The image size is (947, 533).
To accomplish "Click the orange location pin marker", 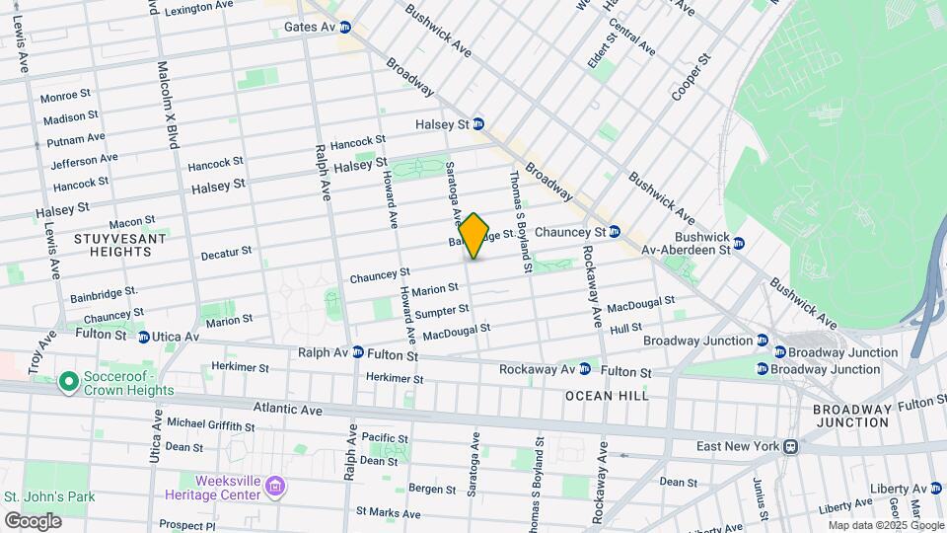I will [x=474, y=236].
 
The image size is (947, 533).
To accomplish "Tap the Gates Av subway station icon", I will [x=345, y=27].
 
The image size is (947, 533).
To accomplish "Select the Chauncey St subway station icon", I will [x=614, y=232].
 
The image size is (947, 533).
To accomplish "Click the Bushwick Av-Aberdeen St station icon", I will [x=738, y=243].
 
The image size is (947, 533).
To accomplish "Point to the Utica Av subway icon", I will [x=144, y=337].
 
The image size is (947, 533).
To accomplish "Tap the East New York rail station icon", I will [x=790, y=446].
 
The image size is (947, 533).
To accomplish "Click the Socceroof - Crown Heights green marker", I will [x=68, y=381].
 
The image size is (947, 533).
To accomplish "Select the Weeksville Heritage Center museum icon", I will [x=275, y=486].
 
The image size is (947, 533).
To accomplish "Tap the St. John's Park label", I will [x=49, y=496].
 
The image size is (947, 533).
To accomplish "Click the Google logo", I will [x=32, y=520].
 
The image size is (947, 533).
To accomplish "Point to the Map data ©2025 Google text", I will [x=885, y=525].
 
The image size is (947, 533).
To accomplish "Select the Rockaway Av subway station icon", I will [x=585, y=369].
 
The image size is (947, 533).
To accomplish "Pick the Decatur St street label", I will [x=226, y=254].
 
